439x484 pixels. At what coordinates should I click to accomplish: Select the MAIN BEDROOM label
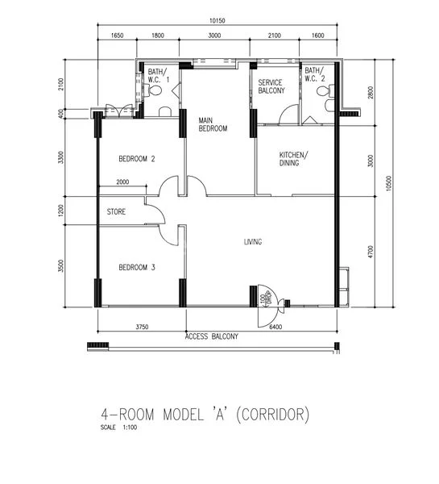coord(213,125)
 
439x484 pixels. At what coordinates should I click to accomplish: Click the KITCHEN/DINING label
coord(293,159)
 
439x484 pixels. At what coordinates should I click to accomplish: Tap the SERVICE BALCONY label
coord(271,87)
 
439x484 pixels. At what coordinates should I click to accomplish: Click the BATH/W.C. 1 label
coord(158,77)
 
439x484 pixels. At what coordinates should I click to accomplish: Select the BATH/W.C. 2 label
coord(314,77)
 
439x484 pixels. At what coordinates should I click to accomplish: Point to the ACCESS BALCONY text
coord(211,336)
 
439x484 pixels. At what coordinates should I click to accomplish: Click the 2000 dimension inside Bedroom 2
coord(122,182)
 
